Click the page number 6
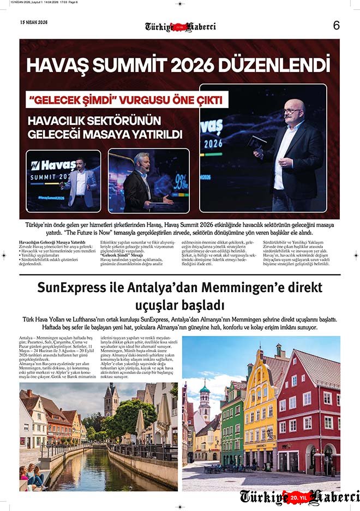click(x=336, y=25)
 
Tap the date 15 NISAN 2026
click(x=34, y=22)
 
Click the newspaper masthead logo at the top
click(x=180, y=27)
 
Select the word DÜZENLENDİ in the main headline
click(x=276, y=65)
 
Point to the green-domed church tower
click(x=205, y=399)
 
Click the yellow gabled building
click(x=260, y=415)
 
